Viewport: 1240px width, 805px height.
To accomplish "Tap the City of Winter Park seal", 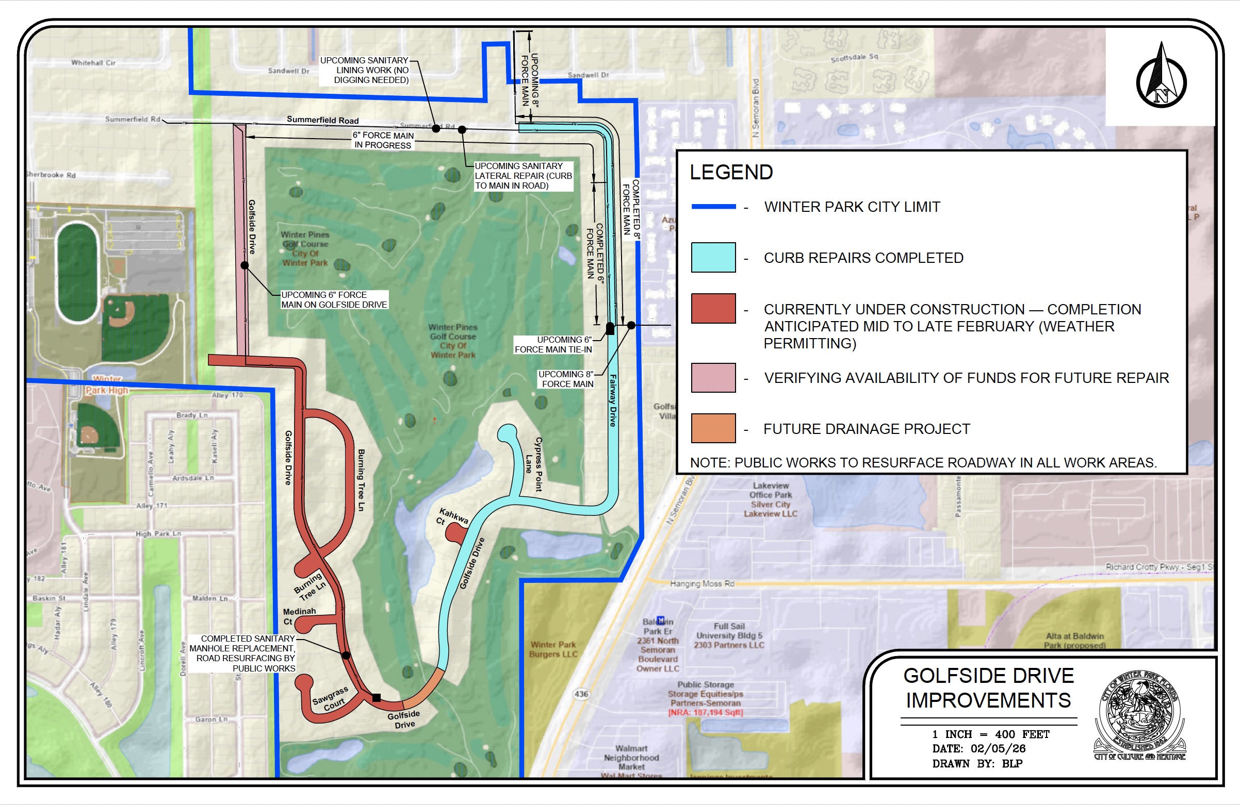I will pos(1139,716).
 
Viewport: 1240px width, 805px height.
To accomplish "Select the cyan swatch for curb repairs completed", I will pos(713,257).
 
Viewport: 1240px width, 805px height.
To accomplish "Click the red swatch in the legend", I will pos(713,308).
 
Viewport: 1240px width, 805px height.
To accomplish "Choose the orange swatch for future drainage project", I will pos(713,428).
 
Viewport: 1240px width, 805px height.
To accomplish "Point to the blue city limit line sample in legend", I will pos(713,207).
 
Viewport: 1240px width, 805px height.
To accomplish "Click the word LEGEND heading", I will pos(731,172).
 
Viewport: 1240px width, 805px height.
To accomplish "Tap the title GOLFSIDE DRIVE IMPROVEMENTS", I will pos(988,688).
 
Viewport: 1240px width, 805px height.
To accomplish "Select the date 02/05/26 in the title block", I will pos(998,749).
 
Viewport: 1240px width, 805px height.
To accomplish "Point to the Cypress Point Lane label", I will pos(533,463).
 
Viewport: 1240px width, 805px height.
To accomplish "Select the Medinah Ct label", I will pos(299,616).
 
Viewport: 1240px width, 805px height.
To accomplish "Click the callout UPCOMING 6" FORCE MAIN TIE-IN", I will pos(553,344).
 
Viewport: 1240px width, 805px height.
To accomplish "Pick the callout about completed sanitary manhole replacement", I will pos(243,653).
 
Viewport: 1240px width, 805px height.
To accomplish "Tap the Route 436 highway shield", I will pos(581,694).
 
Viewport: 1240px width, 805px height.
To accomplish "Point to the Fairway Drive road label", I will pos(613,400).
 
